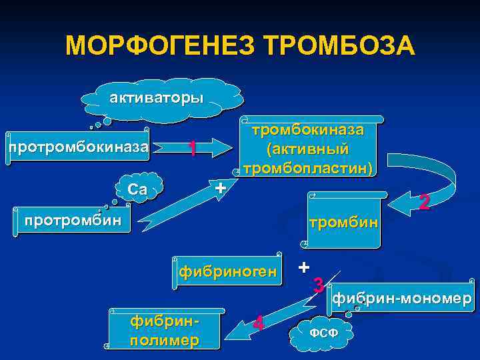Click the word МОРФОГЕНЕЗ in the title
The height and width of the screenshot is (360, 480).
coord(160,46)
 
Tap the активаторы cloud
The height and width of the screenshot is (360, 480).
coord(157,99)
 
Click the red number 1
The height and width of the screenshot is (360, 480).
coord(191,149)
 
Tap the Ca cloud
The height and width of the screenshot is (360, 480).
coord(138,189)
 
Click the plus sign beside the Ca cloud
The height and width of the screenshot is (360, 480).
coord(221,188)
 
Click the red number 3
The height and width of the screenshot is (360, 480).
coord(319,286)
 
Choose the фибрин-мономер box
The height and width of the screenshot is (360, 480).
coord(401,298)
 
